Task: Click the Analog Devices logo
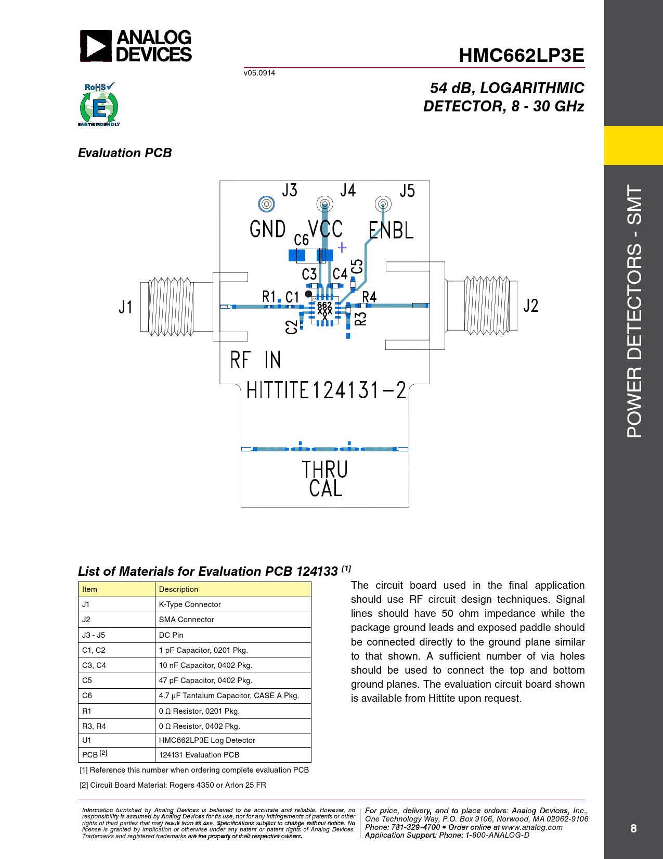pos(135,46)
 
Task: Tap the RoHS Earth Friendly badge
pos(99,104)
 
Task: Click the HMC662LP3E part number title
pos(521,55)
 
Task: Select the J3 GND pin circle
pos(267,205)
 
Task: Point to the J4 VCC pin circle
pos(324,205)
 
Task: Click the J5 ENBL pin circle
pos(383,205)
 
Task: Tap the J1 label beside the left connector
pos(125,307)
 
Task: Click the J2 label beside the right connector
pos(531,306)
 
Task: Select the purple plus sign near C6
pos(342,247)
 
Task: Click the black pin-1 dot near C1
pos(308,294)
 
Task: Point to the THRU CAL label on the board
pos(325,478)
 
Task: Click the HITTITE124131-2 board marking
pos(326,390)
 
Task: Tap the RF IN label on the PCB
pos(255,360)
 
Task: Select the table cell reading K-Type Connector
pos(190,604)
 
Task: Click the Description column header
pos(178,589)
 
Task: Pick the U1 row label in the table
pos(86,740)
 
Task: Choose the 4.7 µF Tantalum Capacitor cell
pos(229,696)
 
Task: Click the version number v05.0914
pos(259,73)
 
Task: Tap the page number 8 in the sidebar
pos(633,828)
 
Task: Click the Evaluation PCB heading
pos(125,153)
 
